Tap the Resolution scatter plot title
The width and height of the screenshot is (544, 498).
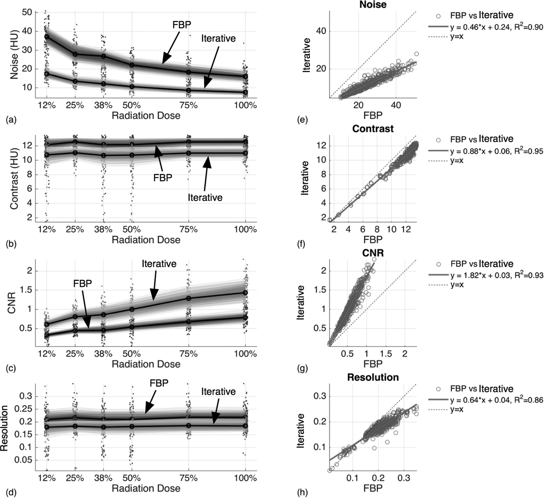[x=373, y=377]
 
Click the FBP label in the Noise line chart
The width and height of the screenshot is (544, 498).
[x=182, y=24]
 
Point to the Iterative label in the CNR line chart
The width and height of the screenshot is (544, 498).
[x=159, y=264]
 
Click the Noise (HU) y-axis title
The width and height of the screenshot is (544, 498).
[x=14, y=55]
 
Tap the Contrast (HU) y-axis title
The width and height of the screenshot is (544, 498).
[x=14, y=180]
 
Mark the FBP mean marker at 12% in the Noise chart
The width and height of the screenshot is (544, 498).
[x=47, y=37]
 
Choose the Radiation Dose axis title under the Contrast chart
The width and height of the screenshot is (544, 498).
[x=146, y=240]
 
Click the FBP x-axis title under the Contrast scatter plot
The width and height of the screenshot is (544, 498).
[x=373, y=239]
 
